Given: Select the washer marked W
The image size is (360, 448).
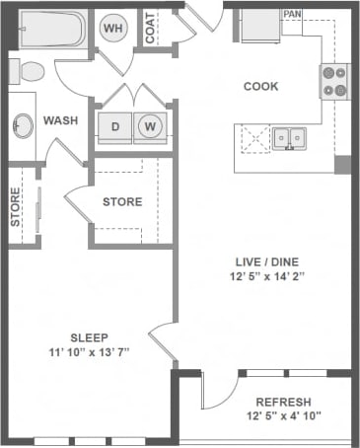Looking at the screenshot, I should coord(151,126).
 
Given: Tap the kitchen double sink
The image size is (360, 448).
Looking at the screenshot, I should coord(288,137).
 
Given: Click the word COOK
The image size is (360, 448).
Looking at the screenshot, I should coord(260,86).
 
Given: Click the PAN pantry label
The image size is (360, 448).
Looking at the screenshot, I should coord(292,15).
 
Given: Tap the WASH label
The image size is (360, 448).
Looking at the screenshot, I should coord(60,120).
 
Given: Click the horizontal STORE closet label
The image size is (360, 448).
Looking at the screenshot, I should coord(122,202).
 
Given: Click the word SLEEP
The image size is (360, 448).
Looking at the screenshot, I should coord(89,336).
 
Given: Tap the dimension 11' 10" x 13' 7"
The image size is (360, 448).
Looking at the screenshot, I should coord(89,352).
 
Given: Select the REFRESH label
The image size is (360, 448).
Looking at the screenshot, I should coord(283,403).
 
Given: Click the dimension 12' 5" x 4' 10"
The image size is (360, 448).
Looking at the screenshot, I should coord(283,418).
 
